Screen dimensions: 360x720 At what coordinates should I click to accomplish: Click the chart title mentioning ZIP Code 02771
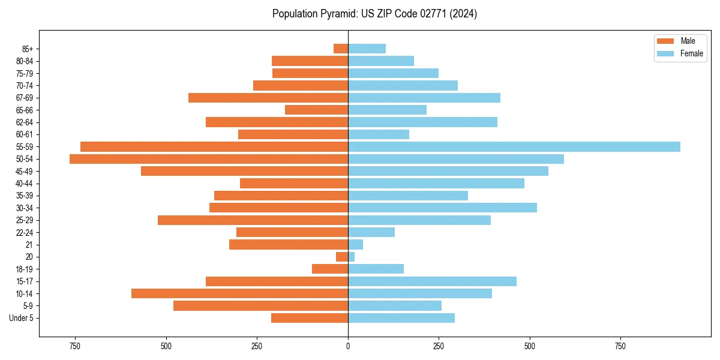pyautogui.click(x=374, y=14)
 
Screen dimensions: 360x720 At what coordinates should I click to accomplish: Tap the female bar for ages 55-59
pyautogui.click(x=514, y=146)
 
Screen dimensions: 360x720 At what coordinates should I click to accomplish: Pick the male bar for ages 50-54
pyautogui.click(x=209, y=159)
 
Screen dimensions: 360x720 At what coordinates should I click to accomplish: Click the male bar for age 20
pyautogui.click(x=342, y=257)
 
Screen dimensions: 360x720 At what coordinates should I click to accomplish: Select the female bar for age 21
pyautogui.click(x=355, y=245)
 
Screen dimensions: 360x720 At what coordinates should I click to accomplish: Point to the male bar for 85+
pyautogui.click(x=341, y=49)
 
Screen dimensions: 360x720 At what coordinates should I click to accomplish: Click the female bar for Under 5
pyautogui.click(x=401, y=318)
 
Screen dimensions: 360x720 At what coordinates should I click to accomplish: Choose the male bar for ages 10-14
pyautogui.click(x=239, y=293)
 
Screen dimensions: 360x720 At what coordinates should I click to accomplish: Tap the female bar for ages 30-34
pyautogui.click(x=442, y=208)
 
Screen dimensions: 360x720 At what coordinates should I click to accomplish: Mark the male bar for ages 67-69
pyautogui.click(x=268, y=98)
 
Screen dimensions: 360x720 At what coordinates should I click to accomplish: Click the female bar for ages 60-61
pyautogui.click(x=379, y=134)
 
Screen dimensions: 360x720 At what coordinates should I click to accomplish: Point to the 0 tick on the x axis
pyautogui.click(x=348, y=346)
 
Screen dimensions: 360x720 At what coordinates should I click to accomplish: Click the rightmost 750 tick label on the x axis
pyautogui.click(x=620, y=346)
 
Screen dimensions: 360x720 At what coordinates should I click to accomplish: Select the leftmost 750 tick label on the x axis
pyautogui.click(x=74, y=346)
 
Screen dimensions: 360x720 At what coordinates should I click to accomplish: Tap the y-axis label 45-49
pyautogui.click(x=24, y=171)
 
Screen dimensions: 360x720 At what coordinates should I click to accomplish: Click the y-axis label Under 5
pyautogui.click(x=21, y=318)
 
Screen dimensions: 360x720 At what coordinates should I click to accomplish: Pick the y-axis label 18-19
pyautogui.click(x=24, y=269)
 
